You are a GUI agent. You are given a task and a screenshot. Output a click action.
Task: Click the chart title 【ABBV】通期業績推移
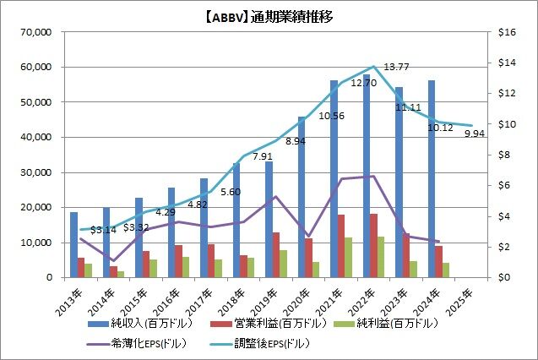pyautogui.click(x=269, y=14)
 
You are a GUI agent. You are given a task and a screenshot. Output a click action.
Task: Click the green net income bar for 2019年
pyautogui.click(x=284, y=264)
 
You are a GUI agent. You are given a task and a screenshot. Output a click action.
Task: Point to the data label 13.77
pyautogui.click(x=396, y=67)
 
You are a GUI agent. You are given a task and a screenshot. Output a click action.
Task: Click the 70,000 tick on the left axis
pyautogui.click(x=36, y=32)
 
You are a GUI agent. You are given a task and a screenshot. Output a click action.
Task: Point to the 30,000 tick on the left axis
pyautogui.click(x=36, y=172)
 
